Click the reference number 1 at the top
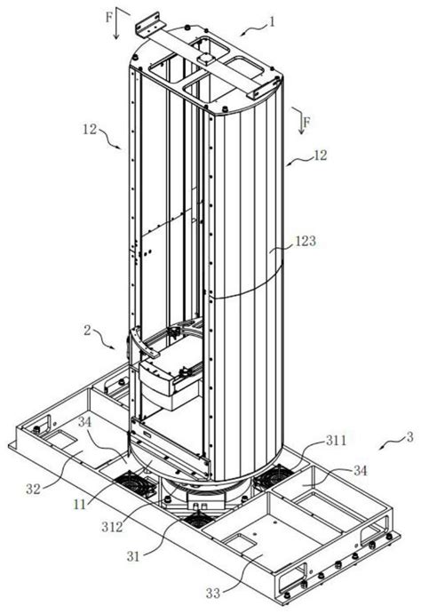coord(272,21)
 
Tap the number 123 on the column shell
coord(306,241)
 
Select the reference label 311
coord(336,440)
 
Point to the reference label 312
coord(112,527)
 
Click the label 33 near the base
coord(213,594)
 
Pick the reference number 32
coord(34,489)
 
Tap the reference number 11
coord(80,505)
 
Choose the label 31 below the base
coord(133,556)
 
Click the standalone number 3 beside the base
coord(409,437)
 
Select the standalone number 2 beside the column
coord(87,331)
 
